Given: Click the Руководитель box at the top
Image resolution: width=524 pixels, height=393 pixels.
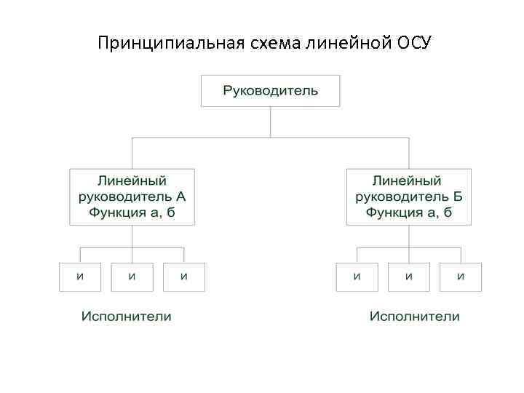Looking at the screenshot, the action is [x=270, y=91].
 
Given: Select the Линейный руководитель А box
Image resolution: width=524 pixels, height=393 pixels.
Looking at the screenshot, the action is [x=132, y=196].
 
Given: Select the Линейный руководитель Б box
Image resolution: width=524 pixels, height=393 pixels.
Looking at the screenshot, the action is [x=408, y=196].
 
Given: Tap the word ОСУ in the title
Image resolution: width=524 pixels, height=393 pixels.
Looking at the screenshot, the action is [x=413, y=43].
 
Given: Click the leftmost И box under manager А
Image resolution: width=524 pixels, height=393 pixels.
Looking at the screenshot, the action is [x=80, y=277].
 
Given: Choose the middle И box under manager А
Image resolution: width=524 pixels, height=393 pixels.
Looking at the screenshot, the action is [x=132, y=277].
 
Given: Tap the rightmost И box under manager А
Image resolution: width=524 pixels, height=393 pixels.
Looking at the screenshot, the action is [x=183, y=277].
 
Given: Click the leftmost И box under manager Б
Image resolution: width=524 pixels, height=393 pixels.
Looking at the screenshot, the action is [x=357, y=277].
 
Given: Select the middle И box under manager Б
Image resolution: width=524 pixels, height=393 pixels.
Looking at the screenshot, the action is [x=408, y=277].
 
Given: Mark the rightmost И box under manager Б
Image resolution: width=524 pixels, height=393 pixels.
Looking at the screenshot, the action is [x=460, y=277].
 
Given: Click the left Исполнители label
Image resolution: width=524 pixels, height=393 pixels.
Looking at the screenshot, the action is [x=126, y=317].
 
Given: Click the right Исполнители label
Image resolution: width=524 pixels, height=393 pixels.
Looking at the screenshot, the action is [x=415, y=317].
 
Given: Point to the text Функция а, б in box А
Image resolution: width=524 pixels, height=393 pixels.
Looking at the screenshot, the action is [x=132, y=213].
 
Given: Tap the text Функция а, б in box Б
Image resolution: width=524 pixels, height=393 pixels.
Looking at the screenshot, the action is [x=408, y=213].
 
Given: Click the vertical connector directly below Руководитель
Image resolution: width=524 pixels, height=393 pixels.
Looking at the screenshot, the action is [x=270, y=122].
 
